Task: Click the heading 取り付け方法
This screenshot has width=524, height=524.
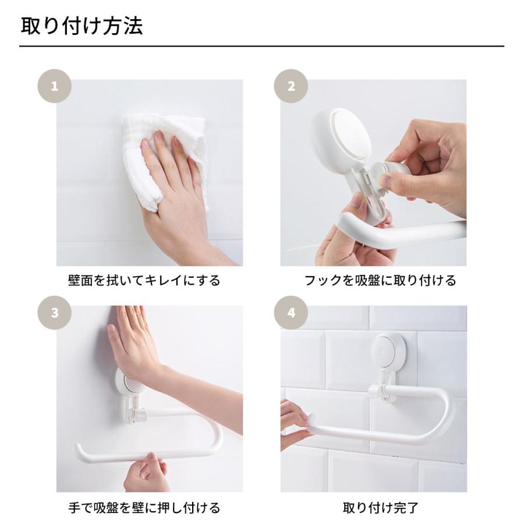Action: tap(82, 27)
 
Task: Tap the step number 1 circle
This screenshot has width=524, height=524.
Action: tap(55, 87)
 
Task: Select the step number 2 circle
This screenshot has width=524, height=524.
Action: tap(291, 87)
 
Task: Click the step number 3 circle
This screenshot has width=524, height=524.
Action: tap(55, 313)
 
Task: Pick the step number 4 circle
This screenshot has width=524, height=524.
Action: tap(291, 313)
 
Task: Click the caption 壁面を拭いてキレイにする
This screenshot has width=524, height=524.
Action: tap(144, 281)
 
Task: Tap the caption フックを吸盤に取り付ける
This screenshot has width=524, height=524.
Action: tap(380, 281)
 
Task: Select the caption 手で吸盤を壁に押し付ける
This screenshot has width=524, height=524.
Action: tap(144, 508)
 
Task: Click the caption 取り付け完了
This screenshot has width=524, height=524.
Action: tap(380, 508)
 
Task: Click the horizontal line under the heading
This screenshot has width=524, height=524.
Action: tap(262, 46)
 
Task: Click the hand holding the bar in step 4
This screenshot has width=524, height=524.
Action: tap(294, 422)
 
